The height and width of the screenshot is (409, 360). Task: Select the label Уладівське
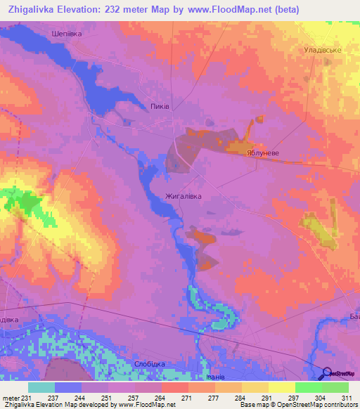[321, 51]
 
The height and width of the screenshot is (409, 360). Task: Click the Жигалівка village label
[184, 196]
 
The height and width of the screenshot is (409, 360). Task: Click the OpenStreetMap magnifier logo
[328, 372]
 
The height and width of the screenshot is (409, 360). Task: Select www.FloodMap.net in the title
[229, 10]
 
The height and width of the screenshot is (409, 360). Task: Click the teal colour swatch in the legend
[41, 387]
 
